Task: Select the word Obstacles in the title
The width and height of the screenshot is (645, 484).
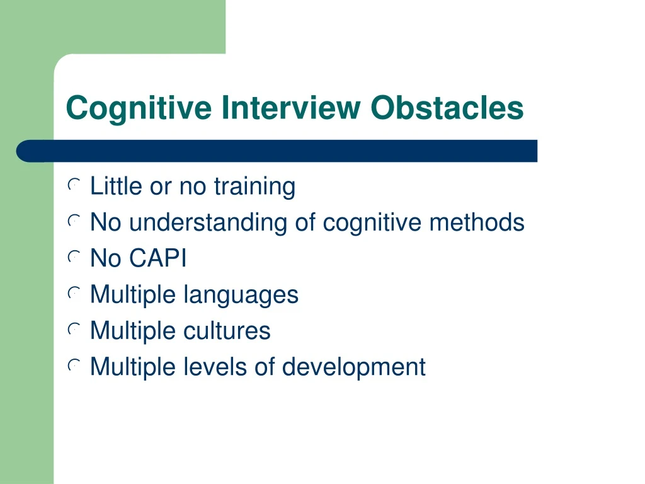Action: pyautogui.click(x=447, y=108)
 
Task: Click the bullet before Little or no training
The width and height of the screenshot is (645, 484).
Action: pyautogui.click(x=74, y=185)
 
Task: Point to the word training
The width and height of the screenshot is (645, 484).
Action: pyautogui.click(x=254, y=187)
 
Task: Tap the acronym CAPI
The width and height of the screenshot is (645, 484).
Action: pyautogui.click(x=158, y=259)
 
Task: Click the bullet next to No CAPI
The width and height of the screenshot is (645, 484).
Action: pyautogui.click(x=74, y=257)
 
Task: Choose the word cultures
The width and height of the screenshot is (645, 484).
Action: pyautogui.click(x=227, y=331)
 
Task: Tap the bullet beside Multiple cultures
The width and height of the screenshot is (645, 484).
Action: pyautogui.click(x=74, y=329)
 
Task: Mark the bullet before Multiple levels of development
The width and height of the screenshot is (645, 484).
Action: pyautogui.click(x=74, y=365)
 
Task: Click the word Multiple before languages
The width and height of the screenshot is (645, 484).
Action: pyautogui.click(x=134, y=295)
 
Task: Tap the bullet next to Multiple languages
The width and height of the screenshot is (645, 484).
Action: pyautogui.click(x=74, y=293)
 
